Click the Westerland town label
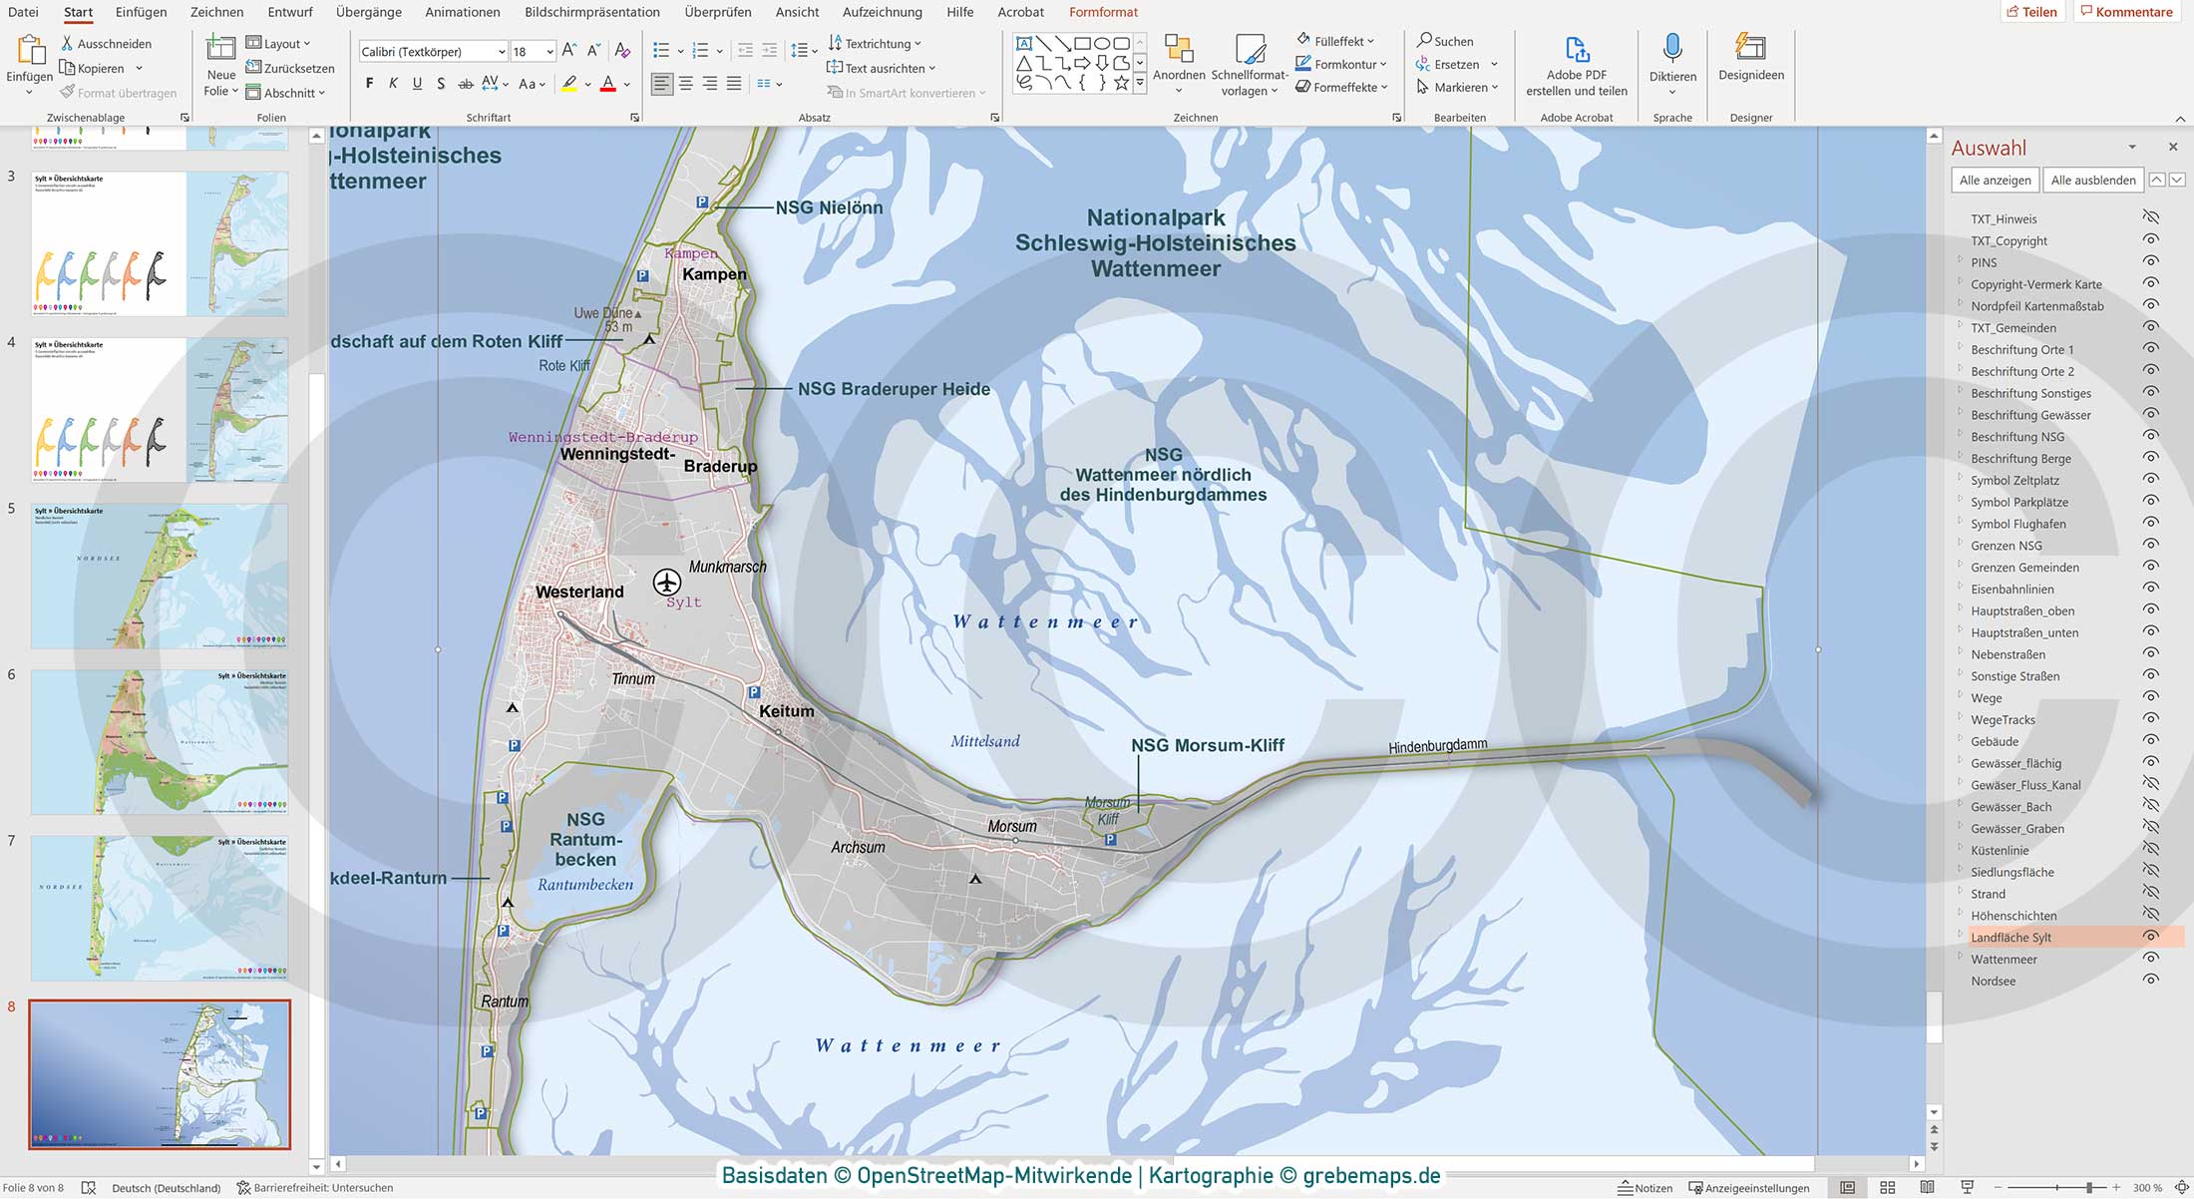(579, 592)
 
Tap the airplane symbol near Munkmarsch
(667, 582)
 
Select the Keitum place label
(787, 711)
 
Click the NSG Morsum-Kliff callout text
(1207, 745)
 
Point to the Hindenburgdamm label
(1437, 746)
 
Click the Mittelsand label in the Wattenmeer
(984, 741)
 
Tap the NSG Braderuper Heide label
(894, 389)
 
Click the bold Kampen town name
(714, 274)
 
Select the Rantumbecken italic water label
(585, 885)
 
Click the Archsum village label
(858, 847)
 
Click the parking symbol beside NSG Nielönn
(702, 202)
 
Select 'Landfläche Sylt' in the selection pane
(2011, 938)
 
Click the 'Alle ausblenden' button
(2092, 181)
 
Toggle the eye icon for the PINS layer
(2150, 261)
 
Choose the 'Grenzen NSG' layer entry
(2006, 546)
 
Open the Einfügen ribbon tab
(141, 12)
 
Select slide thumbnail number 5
(160, 577)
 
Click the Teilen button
(2031, 12)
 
